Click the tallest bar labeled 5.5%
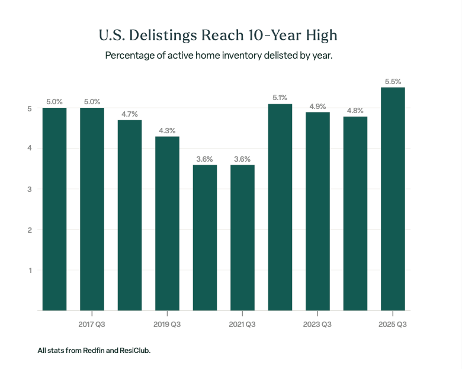tap(393, 198)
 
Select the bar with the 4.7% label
tap(130, 215)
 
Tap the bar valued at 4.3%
tap(167, 223)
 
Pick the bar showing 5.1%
tap(280, 207)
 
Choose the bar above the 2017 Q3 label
tap(92, 208)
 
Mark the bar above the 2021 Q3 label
tap(242, 237)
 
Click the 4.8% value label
tap(355, 110)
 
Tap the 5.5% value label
tap(393, 81)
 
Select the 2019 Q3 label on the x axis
tap(167, 325)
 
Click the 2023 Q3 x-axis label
tap(317, 325)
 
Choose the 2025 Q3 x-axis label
tap(393, 325)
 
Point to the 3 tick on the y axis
tap(29, 190)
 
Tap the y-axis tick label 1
tap(29, 271)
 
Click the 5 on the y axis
tap(29, 108)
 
